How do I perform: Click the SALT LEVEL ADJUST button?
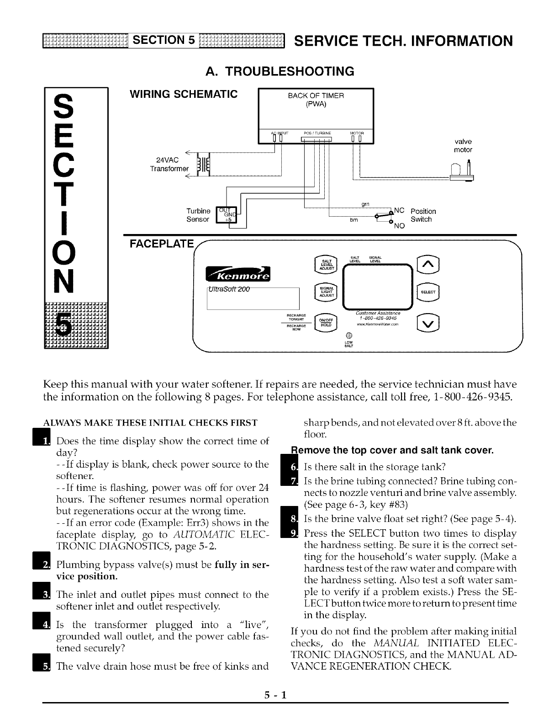tap(327, 264)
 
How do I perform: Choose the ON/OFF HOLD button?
tap(326, 322)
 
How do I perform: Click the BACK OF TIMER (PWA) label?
tap(316, 99)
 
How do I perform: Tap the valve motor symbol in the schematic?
tap(462, 173)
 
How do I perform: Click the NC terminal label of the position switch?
tap(399, 211)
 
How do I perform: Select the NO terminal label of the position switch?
tap(399, 226)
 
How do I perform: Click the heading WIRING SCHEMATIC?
tap(184, 95)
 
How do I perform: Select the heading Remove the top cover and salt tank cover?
tap(395, 451)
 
